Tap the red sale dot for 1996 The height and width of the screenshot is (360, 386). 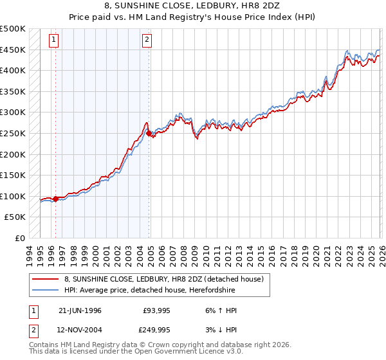coord(55,199)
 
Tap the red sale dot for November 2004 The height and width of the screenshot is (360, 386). coord(149,134)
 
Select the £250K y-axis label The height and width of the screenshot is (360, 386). coord(13,133)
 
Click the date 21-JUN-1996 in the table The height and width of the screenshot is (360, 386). coord(80,310)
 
